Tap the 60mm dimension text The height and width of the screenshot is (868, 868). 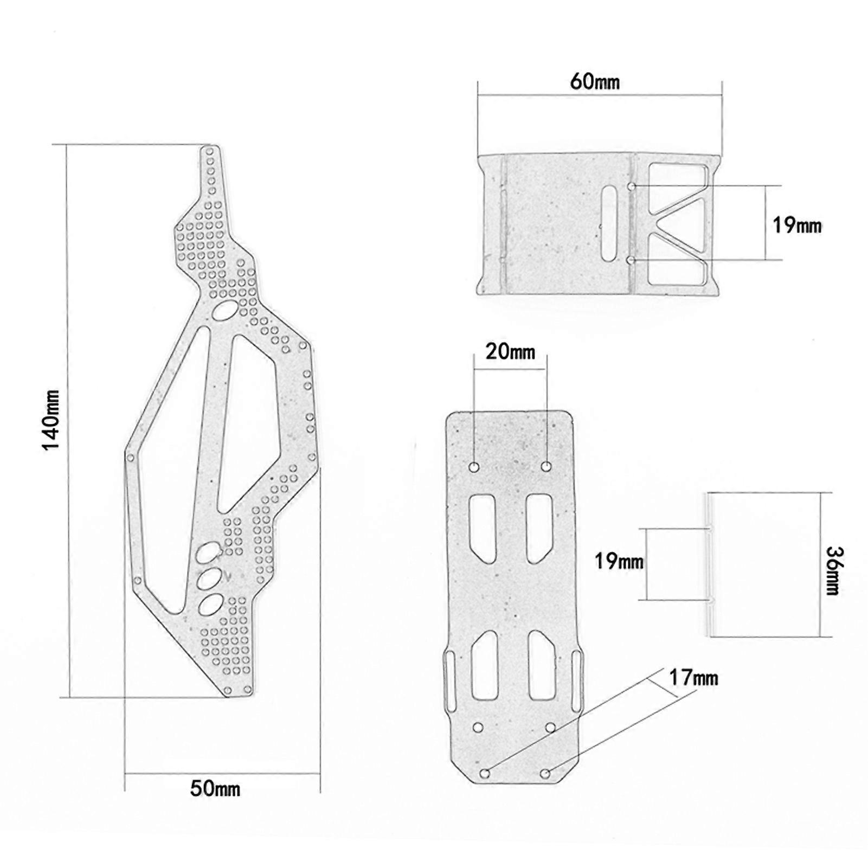[x=595, y=82]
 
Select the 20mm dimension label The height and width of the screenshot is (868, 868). [x=510, y=352]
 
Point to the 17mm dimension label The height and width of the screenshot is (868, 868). [x=693, y=678]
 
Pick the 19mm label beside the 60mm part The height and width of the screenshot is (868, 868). [x=797, y=225]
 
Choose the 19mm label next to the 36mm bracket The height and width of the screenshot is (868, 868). [x=619, y=561]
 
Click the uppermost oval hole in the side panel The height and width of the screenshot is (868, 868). [x=225, y=311]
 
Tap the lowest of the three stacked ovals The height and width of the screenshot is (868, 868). [x=211, y=604]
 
